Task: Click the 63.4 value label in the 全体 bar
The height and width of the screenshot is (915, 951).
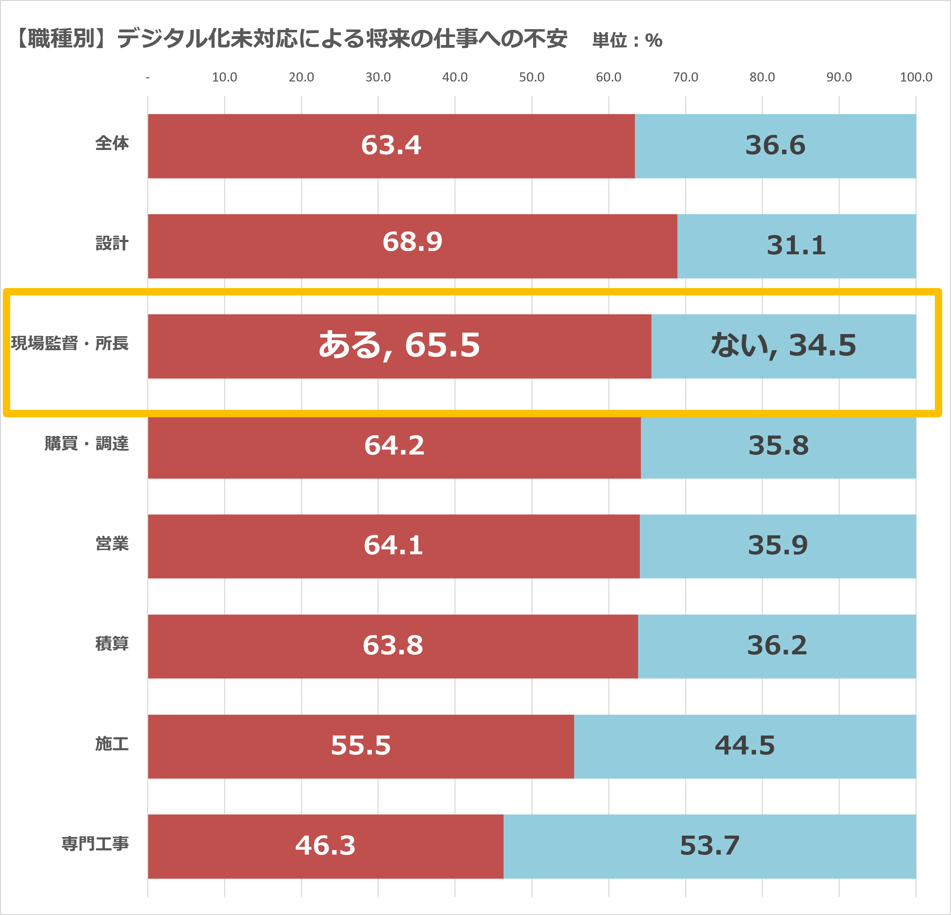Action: [x=391, y=145]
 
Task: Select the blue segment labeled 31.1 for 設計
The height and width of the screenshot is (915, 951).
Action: [x=796, y=246]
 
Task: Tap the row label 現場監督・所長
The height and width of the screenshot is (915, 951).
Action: [x=70, y=343]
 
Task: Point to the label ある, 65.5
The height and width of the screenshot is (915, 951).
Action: [x=399, y=346]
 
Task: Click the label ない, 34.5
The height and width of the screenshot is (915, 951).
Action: [x=783, y=346]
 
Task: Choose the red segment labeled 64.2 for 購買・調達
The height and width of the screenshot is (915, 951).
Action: [x=394, y=446]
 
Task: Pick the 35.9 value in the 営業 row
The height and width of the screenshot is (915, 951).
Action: [x=778, y=545]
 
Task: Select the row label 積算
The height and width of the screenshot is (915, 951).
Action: [x=112, y=643]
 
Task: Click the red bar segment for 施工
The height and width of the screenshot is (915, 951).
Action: [x=361, y=746]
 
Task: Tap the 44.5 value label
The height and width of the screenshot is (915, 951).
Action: [x=745, y=746]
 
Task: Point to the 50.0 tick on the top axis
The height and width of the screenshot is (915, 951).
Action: [x=531, y=77]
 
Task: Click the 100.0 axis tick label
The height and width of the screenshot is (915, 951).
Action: [x=916, y=77]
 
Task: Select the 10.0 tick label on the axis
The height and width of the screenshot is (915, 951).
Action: [x=224, y=77]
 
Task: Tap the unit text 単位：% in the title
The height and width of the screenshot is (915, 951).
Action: [x=627, y=40]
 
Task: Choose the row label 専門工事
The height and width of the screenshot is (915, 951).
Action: [x=96, y=844]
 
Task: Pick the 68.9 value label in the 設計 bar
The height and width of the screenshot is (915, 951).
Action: [x=412, y=242]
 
